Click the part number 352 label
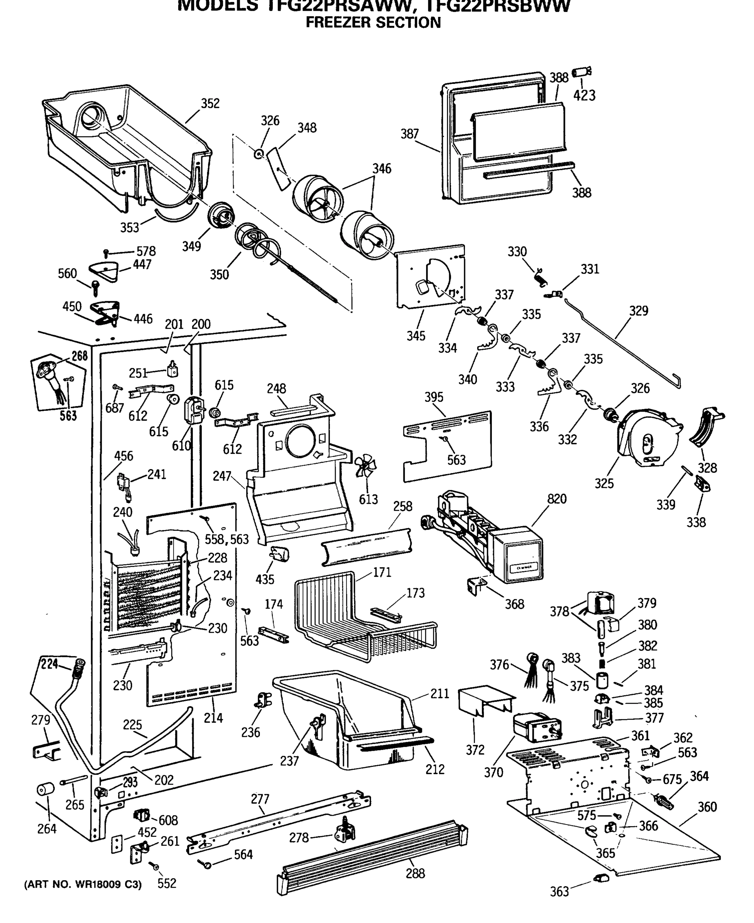[210, 103]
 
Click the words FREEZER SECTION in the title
[373, 22]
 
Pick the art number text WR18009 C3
[82, 885]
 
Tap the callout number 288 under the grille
[415, 873]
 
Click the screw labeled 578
[105, 253]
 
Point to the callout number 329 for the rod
[639, 311]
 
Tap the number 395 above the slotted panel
[434, 397]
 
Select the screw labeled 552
[154, 866]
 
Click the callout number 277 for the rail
[260, 799]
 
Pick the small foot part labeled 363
[602, 878]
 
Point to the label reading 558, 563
[227, 540]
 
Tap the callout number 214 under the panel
[213, 718]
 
